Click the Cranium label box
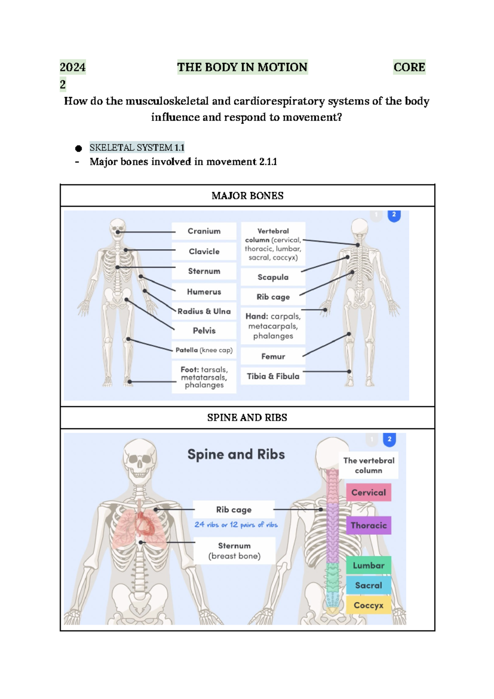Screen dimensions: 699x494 [204, 231]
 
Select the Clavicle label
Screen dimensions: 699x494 [204, 251]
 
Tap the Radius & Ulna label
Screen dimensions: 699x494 [204, 311]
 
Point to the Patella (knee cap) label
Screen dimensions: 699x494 [204, 350]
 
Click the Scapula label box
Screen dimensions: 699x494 [273, 277]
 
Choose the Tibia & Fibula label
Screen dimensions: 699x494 [273, 376]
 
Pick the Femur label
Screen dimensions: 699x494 [273, 356]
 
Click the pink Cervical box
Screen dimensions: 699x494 [368, 493]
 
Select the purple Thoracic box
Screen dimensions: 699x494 [368, 525]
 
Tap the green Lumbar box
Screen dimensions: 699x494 [368, 565]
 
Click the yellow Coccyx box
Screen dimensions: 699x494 [368, 605]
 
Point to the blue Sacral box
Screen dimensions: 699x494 [368, 585]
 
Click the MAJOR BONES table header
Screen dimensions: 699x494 [247, 196]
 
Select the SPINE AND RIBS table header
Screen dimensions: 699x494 [247, 418]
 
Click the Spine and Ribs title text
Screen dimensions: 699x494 [236, 454]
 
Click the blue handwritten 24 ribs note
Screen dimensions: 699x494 [236, 525]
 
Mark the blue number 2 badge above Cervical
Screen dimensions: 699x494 [389, 439]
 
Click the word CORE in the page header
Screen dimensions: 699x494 [409, 67]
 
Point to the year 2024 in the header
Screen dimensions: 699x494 [73, 67]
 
